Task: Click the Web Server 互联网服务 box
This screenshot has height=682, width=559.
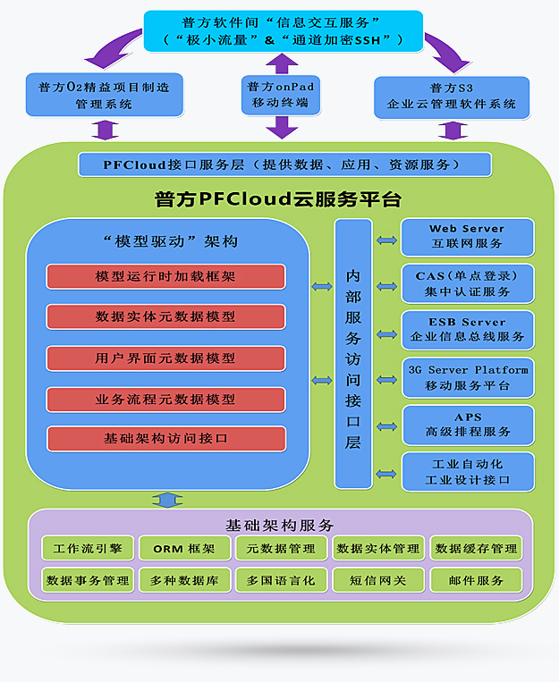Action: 467,237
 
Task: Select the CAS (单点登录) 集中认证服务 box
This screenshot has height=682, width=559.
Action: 467,284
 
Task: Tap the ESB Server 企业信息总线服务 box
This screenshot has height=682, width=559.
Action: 467,330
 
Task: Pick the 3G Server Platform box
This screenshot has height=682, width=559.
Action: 467,377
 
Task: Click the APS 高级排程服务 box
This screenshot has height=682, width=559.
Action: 467,425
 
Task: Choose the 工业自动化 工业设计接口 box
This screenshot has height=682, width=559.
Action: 467,472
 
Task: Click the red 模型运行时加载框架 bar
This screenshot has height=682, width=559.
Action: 165,276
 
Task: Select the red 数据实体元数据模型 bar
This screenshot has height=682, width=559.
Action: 165,316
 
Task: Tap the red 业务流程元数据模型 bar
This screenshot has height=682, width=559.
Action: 165,399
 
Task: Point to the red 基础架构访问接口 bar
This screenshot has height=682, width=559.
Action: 165,439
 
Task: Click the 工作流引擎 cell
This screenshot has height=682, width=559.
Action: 88,548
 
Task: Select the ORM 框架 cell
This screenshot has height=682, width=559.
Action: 184,548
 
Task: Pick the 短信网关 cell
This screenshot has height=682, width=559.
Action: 377,580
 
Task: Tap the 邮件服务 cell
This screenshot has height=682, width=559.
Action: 475,580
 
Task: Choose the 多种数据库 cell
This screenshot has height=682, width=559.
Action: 184,580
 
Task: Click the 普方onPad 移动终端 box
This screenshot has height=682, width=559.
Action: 281,95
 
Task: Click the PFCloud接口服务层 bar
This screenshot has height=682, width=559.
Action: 284,164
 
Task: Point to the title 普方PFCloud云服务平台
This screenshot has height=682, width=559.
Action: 278,199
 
